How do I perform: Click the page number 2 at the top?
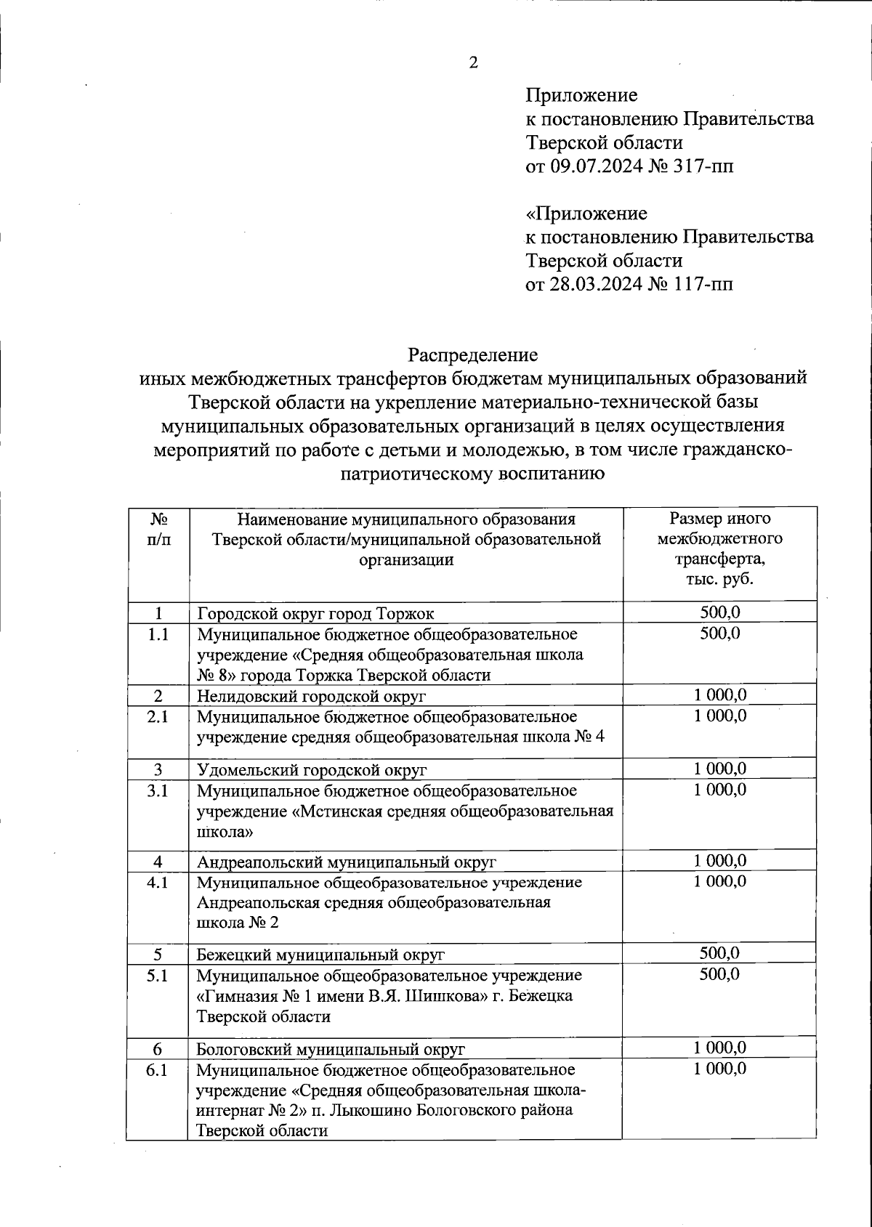(x=474, y=63)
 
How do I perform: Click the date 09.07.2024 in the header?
(x=596, y=167)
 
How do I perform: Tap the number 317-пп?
(x=703, y=167)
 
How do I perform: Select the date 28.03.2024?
(x=596, y=284)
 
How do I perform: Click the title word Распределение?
(x=472, y=355)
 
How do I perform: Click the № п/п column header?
(x=158, y=530)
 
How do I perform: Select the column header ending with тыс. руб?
(x=719, y=550)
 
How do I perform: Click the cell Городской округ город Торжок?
(x=316, y=613)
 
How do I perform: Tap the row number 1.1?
(x=158, y=634)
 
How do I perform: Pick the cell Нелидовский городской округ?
(x=312, y=696)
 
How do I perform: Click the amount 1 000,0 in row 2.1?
(x=719, y=716)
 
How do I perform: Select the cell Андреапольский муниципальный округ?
(x=347, y=862)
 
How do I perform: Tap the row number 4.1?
(x=158, y=883)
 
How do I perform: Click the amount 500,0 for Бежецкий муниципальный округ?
(x=719, y=953)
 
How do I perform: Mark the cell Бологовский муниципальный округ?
(x=331, y=1049)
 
